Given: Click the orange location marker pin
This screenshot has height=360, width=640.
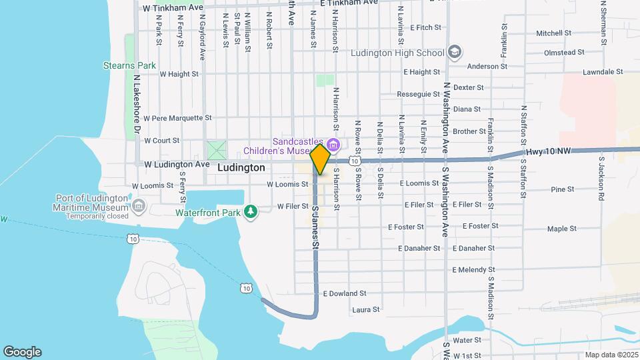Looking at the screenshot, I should pos(320,159).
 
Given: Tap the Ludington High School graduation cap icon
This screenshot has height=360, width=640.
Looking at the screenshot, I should pos(455,52).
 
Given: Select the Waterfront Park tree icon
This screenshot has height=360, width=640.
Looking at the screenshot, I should pos(251,212).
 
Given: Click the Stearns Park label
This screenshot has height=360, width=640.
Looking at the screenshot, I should pos(129,65).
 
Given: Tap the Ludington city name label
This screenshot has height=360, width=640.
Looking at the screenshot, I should pos(241,168).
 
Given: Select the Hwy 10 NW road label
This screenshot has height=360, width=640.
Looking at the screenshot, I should pos(549,152).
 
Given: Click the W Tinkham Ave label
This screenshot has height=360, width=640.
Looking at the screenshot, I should pos(173,7).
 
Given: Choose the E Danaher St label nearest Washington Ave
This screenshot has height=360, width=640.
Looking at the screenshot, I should pos(473,248).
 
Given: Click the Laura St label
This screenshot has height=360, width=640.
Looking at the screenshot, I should pos(365,309).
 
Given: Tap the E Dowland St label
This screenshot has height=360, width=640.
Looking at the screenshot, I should pos(345,293).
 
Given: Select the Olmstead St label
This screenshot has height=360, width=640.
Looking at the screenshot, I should pos(564,51).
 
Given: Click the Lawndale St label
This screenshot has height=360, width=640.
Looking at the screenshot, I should pos(602,71).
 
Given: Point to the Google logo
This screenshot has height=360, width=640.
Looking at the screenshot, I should pos(21,352).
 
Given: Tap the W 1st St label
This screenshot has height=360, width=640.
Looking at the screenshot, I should pos(467,355).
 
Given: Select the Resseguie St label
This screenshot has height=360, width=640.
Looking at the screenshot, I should pos(418,94).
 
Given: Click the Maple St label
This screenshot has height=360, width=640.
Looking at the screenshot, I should pos(561,229).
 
